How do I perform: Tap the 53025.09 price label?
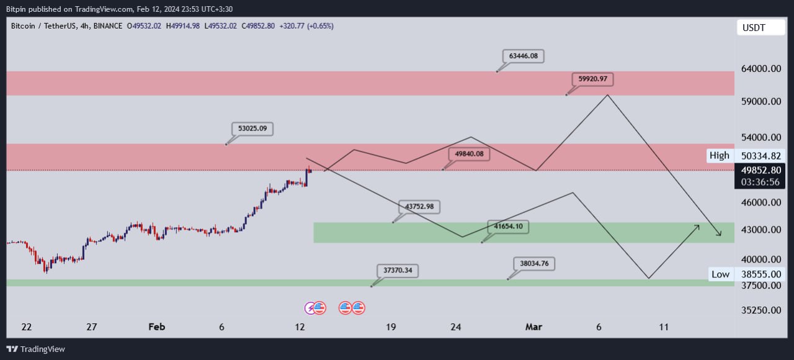(x=252, y=129)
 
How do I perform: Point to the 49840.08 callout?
(x=469, y=154)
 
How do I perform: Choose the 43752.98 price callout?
(x=419, y=207)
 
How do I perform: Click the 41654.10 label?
(x=509, y=227)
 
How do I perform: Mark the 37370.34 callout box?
(x=398, y=271)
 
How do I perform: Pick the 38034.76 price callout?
(x=534, y=263)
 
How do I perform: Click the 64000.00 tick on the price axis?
(x=761, y=69)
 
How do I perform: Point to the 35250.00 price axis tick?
(x=761, y=310)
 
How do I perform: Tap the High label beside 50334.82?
(x=720, y=156)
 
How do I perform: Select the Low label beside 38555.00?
(x=720, y=274)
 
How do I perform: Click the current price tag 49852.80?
(x=761, y=169)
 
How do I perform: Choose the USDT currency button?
(x=754, y=28)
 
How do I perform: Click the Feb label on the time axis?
(x=158, y=327)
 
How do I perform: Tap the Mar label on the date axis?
(x=533, y=327)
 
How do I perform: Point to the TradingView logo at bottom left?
(x=35, y=349)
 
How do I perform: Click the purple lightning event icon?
(x=310, y=307)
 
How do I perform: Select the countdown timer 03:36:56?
(x=762, y=182)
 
